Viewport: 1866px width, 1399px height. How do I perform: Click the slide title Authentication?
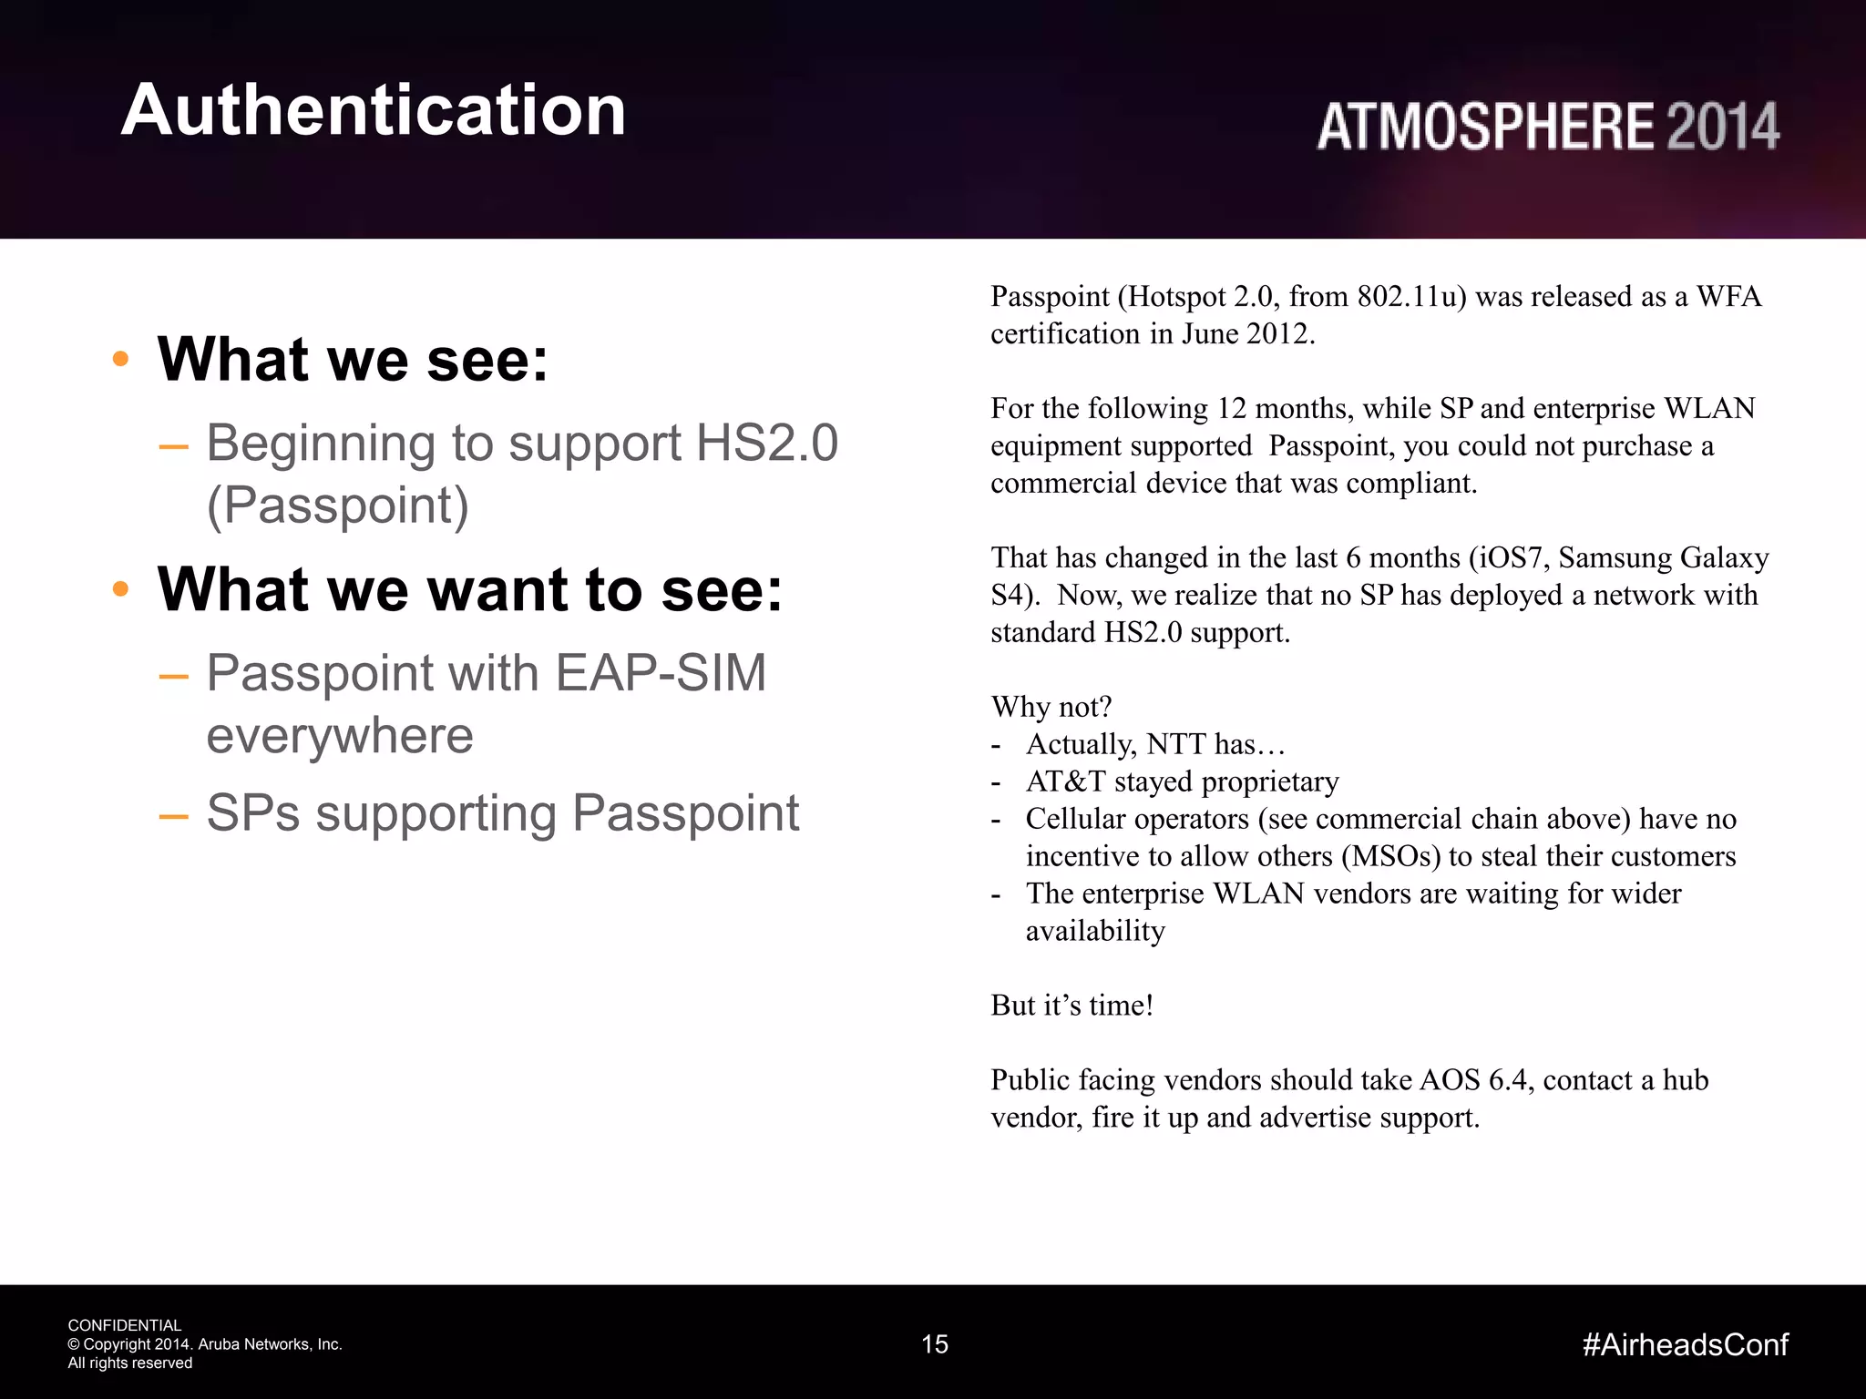(374, 110)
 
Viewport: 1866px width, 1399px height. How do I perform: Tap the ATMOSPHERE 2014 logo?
(1547, 127)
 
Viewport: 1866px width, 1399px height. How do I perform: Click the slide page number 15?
(935, 1344)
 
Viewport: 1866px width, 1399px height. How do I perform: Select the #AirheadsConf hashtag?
(1686, 1344)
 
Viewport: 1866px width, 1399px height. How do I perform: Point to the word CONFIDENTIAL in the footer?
(125, 1325)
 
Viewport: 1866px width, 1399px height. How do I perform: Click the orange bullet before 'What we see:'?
(120, 360)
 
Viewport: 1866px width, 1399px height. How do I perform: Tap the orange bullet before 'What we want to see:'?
(120, 589)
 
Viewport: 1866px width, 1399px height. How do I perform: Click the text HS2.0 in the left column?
(766, 444)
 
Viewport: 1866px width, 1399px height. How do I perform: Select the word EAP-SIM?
(661, 673)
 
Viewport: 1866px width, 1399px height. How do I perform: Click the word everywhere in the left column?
(340, 735)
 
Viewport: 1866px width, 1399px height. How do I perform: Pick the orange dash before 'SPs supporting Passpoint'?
(173, 814)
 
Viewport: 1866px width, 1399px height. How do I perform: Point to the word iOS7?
(1509, 557)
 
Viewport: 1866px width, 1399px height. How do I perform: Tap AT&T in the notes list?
(1065, 781)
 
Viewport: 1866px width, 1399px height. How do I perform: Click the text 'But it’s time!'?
(1071, 1006)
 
